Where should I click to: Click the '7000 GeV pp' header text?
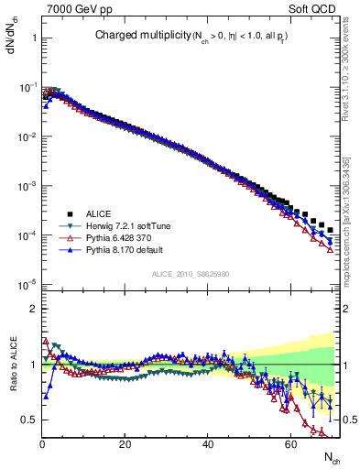coord(76,8)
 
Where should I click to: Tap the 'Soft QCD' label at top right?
coord(317,8)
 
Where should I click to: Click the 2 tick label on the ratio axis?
coord(32,309)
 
